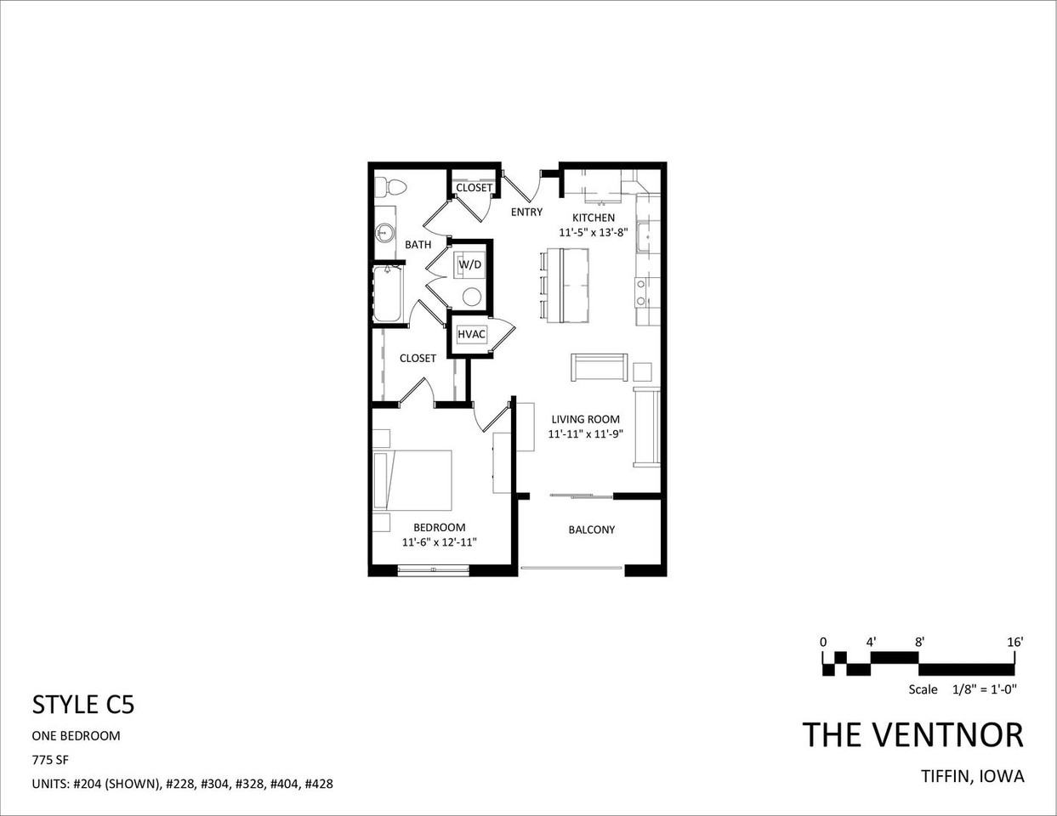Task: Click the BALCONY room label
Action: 591,530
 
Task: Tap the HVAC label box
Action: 471,334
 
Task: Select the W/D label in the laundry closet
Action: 470,264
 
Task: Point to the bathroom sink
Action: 385,230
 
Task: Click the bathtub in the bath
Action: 387,293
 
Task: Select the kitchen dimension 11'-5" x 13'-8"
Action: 593,232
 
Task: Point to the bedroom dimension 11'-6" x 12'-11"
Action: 439,541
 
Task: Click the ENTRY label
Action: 526,212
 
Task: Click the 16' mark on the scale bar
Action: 1014,643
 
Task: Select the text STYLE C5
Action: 83,705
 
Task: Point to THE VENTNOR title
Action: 913,735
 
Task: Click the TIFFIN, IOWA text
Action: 973,776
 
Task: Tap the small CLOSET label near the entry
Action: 474,188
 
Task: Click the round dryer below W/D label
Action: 471,296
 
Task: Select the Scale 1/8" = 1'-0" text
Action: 963,689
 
